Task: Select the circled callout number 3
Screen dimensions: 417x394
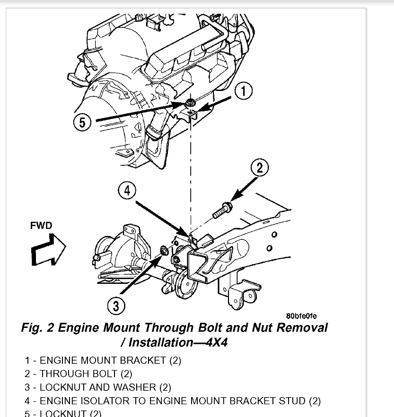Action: tap(116, 306)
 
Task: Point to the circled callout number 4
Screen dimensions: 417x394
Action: tap(127, 191)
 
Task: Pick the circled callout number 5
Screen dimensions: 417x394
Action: tap(83, 123)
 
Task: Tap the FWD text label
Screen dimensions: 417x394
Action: tap(41, 226)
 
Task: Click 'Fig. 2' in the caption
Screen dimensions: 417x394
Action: tap(38, 328)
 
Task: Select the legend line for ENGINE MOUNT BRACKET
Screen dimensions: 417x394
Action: tap(103, 360)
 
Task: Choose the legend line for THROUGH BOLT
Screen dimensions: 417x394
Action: tap(79, 374)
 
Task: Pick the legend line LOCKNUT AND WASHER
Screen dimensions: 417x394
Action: tap(98, 388)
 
